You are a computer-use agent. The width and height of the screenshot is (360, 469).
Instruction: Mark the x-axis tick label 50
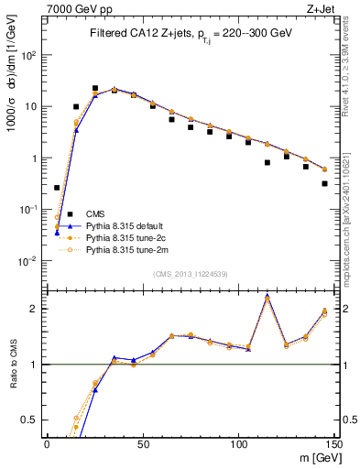142,443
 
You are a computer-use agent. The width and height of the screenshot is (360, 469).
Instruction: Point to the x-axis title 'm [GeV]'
317,457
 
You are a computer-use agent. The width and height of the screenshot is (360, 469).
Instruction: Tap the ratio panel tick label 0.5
31,420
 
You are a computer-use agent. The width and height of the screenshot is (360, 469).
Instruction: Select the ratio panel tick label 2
35,308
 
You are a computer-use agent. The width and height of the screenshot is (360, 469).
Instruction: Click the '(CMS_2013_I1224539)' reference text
191,272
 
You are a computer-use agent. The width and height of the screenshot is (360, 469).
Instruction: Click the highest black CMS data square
95,89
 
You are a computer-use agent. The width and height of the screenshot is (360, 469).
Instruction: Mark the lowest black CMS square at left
57,188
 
